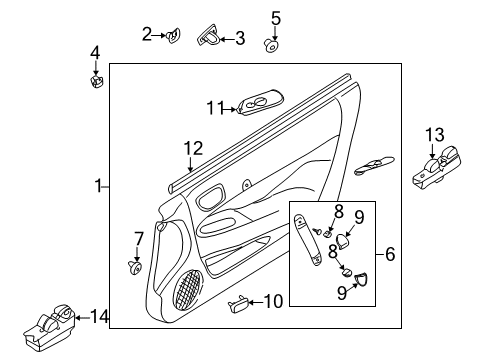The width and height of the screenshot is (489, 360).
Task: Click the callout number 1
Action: (x=98, y=185)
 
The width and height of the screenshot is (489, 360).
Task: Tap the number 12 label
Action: (x=192, y=148)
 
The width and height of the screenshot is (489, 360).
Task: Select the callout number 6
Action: (x=390, y=255)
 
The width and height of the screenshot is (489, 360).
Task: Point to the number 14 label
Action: (x=96, y=318)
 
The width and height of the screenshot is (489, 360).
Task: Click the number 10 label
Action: (x=273, y=300)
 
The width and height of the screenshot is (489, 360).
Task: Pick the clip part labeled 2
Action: (x=174, y=37)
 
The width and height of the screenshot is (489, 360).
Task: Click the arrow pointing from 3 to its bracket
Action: (x=229, y=38)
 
